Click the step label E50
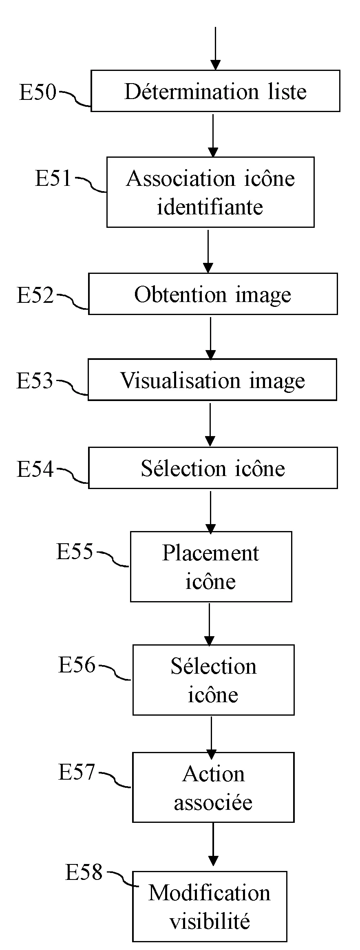pos(38,92)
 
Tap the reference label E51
pos(53,179)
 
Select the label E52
pos(35,295)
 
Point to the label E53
pos(35,381)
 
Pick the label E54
pos(35,469)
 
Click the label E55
pos(75,552)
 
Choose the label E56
pos(77,665)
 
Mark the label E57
pos(77,772)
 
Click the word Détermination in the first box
pos(191,91)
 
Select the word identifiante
pos(210,207)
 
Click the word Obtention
pos(180,294)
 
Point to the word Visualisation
pos(180,380)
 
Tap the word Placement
pos(210,553)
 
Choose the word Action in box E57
pos(213,774)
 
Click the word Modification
pos(209,893)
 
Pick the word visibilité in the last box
pos(210,921)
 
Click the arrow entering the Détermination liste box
pos(215,49)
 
